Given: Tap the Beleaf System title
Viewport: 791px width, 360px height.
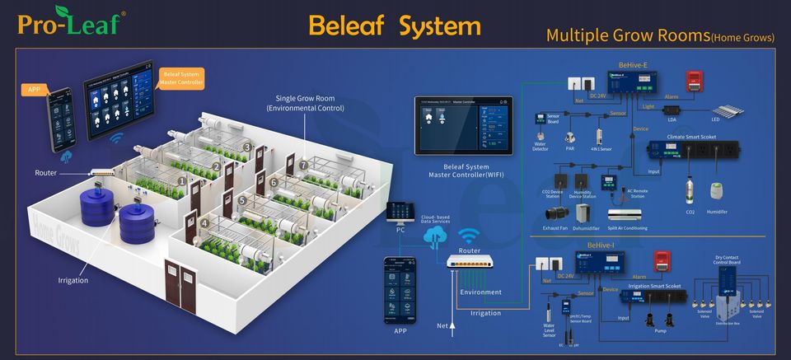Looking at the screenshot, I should pyautogui.click(x=394, y=26).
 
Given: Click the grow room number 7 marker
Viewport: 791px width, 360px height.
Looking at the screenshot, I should pyautogui.click(x=302, y=166).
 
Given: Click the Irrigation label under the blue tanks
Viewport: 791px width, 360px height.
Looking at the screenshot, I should pyautogui.click(x=73, y=280).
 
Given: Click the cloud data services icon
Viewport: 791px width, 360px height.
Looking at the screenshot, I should pyautogui.click(x=434, y=237).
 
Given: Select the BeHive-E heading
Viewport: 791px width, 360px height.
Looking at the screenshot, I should pyautogui.click(x=634, y=63).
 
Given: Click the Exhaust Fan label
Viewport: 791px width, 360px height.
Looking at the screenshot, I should pyautogui.click(x=555, y=228).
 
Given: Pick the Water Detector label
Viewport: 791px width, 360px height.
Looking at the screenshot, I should pyautogui.click(x=541, y=146).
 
